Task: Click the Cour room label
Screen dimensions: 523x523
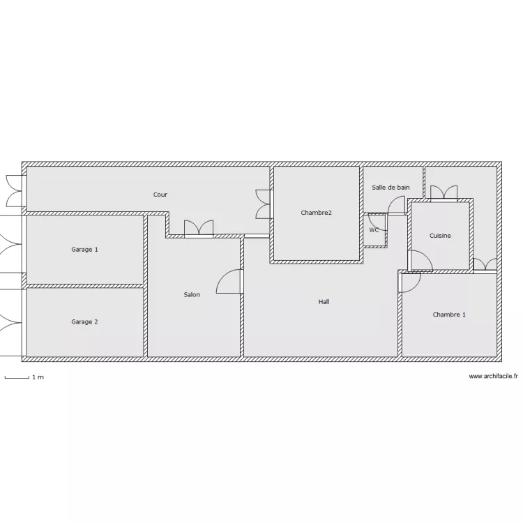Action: point(160,195)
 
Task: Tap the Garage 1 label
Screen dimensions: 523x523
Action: point(84,250)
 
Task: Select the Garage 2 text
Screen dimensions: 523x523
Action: point(84,322)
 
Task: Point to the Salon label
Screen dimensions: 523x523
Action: point(192,294)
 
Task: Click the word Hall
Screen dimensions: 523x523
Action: point(324,301)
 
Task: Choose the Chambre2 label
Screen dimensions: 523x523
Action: point(316,213)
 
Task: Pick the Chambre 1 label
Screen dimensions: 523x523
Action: point(449,314)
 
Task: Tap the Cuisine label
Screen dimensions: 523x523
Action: point(440,236)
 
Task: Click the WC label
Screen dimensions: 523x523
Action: point(374,230)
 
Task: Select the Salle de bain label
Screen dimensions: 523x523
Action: point(391,188)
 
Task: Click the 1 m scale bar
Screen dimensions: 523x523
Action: point(17,377)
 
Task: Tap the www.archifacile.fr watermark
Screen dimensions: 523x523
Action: point(493,377)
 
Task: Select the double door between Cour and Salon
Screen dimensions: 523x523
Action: point(199,228)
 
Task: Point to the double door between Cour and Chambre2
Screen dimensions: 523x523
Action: point(263,204)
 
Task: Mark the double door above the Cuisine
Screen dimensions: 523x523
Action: point(444,193)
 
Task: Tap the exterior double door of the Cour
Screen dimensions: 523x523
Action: point(14,191)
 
